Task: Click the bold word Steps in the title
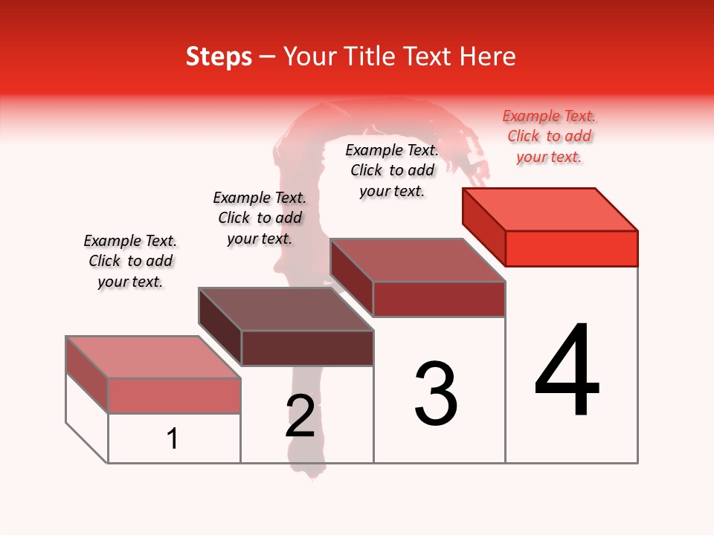point(219,56)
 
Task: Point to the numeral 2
point(300,416)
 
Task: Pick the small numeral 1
point(173,438)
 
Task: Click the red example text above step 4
point(549,136)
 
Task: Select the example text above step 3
point(392,170)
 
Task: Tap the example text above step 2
point(260,218)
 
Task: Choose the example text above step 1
point(130,261)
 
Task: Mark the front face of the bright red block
point(571,248)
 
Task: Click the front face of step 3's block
point(439,299)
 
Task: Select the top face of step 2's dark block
point(286,309)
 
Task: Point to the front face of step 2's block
point(306,348)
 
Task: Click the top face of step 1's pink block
point(153,357)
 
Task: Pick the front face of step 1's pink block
point(174,395)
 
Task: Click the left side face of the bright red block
point(483,226)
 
